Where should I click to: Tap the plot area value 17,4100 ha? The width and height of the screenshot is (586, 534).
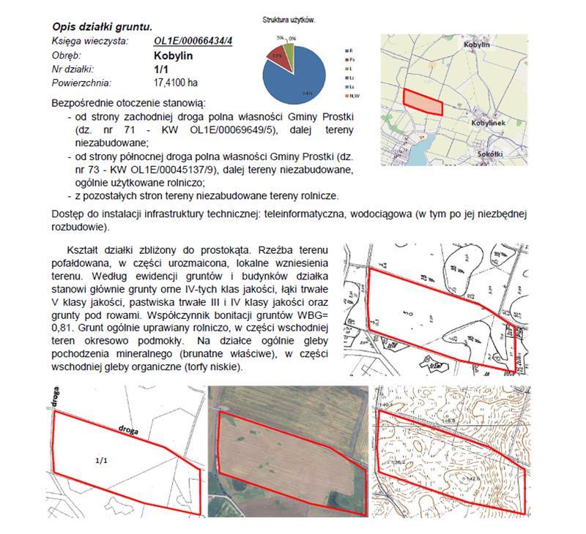pyautogui.click(x=176, y=82)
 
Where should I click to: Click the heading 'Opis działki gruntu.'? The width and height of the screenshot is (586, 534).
pyautogui.click(x=100, y=27)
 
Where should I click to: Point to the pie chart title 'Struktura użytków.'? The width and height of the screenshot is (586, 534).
pyautogui.click(x=289, y=20)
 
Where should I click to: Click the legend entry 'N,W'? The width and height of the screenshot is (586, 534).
pyautogui.click(x=355, y=96)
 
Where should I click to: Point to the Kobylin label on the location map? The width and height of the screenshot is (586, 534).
pyautogui.click(x=476, y=45)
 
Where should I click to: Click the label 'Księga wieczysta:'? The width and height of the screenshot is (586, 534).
pyautogui.click(x=85, y=41)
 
